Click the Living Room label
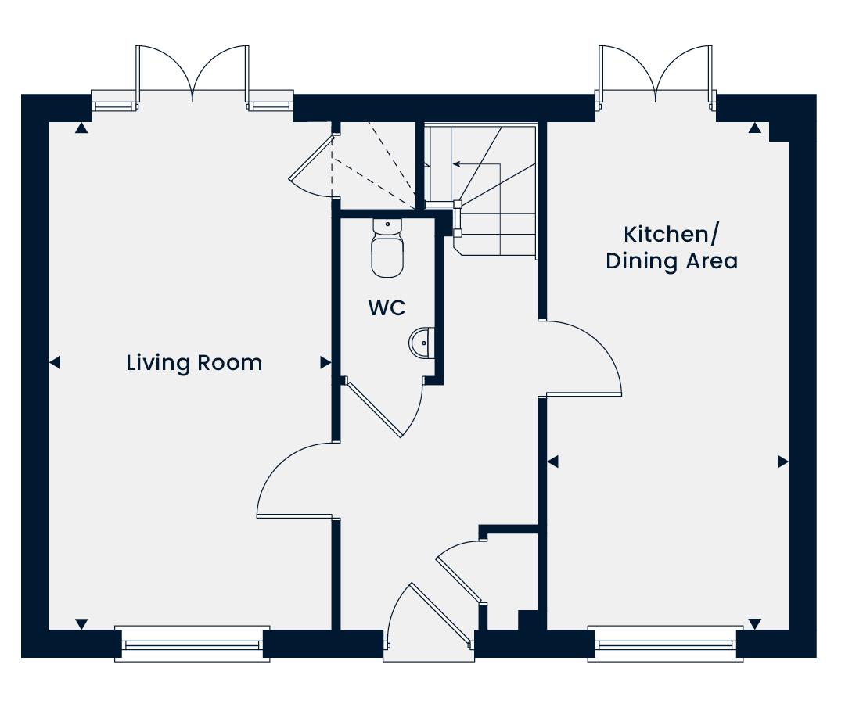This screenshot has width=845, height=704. click(x=194, y=363)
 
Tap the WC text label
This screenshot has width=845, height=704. click(x=387, y=308)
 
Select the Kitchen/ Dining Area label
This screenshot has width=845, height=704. click(x=671, y=248)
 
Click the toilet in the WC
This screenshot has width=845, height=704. click(x=387, y=248)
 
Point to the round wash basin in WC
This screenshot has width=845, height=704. click(x=422, y=342)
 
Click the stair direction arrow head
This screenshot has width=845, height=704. click(x=456, y=163)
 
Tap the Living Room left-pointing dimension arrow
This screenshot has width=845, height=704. click(x=55, y=362)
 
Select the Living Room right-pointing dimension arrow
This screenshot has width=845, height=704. click(x=325, y=362)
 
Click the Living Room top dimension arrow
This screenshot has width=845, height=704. click(x=81, y=128)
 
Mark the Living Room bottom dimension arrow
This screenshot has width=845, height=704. click(x=81, y=624)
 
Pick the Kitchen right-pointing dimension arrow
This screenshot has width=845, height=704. click(x=783, y=462)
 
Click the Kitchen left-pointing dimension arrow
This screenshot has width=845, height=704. click(x=552, y=462)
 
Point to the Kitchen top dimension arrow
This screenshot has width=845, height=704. click(x=755, y=128)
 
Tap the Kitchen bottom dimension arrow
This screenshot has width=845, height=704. click(x=755, y=624)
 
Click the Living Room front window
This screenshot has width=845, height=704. click(x=192, y=644)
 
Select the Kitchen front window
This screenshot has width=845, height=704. click(x=666, y=644)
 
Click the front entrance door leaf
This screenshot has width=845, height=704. click(x=440, y=614)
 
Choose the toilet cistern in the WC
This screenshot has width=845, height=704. click(x=387, y=226)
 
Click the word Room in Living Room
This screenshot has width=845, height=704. click(x=229, y=363)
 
